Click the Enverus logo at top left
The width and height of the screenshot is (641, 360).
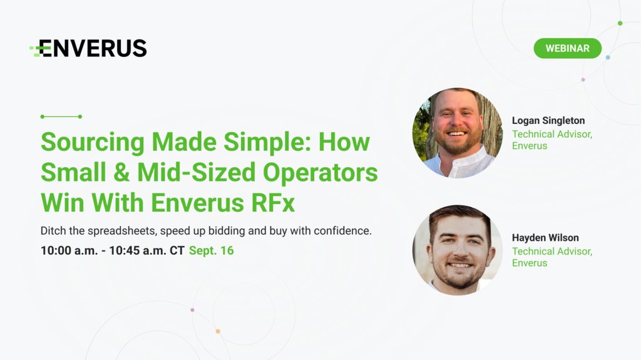pyautogui.click(x=88, y=48)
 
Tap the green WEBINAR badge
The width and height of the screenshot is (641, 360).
pyautogui.click(x=567, y=48)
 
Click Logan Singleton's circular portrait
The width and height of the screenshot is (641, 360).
pyautogui.click(x=457, y=133)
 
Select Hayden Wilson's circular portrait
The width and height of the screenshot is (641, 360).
pyautogui.click(x=457, y=250)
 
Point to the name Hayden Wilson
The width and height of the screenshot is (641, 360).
pyautogui.click(x=545, y=238)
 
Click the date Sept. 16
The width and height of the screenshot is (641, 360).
pyautogui.click(x=212, y=250)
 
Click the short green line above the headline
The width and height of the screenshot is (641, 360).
pyautogui.click(x=61, y=116)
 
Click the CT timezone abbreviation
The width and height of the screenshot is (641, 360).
pyautogui.click(x=177, y=250)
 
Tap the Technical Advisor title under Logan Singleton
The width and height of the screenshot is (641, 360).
pyautogui.click(x=551, y=134)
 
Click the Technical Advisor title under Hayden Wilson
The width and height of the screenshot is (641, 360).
pyautogui.click(x=551, y=251)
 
